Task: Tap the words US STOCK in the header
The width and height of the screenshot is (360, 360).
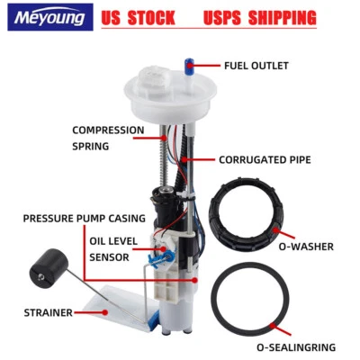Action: coord(139,18)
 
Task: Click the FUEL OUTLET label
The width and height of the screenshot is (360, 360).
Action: coord(256,65)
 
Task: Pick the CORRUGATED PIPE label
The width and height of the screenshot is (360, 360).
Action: coord(265,160)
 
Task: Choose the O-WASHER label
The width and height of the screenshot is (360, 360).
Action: coord(307,246)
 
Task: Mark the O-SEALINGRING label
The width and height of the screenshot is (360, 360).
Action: coord(296,346)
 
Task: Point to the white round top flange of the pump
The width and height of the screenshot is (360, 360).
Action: coord(176,99)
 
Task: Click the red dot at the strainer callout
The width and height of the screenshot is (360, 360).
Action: coord(104,312)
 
